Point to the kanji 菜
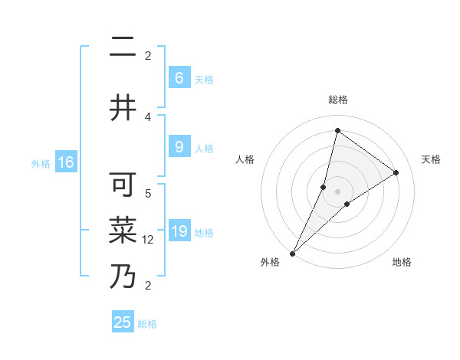tap(123, 229)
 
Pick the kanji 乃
tap(123, 275)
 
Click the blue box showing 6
tap(179, 78)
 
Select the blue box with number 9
tap(179, 147)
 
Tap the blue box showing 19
tap(179, 231)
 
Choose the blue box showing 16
tap(65, 162)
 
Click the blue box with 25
tap(123, 322)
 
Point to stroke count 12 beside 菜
tap(148, 239)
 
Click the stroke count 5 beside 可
tap(148, 194)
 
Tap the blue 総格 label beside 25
tap(148, 324)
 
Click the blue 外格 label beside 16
tap(41, 163)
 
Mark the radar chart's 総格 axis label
tap(337, 100)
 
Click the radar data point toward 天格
tap(396, 172)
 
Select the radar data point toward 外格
tap(292, 253)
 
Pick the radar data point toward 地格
tap(347, 204)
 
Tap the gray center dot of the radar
tap(337, 191)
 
